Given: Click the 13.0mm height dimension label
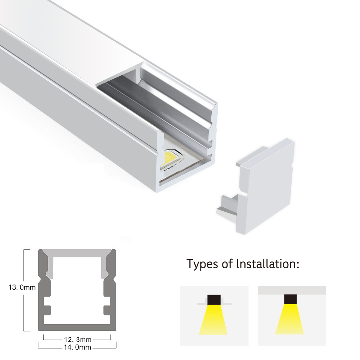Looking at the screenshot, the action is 22,287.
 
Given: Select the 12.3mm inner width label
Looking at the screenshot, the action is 78,339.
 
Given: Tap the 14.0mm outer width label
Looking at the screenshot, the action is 77,347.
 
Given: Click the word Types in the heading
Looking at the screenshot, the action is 202,264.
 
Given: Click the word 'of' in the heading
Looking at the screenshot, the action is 227,264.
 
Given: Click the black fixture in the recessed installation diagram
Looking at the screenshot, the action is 214,300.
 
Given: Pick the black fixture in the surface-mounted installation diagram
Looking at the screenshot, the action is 291,299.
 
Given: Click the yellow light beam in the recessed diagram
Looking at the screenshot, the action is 213,320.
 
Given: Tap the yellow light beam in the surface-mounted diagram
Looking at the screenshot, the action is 289,319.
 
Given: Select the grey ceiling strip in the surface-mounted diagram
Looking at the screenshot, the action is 292,290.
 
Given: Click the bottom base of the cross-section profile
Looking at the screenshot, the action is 77,328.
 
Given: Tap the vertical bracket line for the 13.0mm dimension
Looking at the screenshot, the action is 24,290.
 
